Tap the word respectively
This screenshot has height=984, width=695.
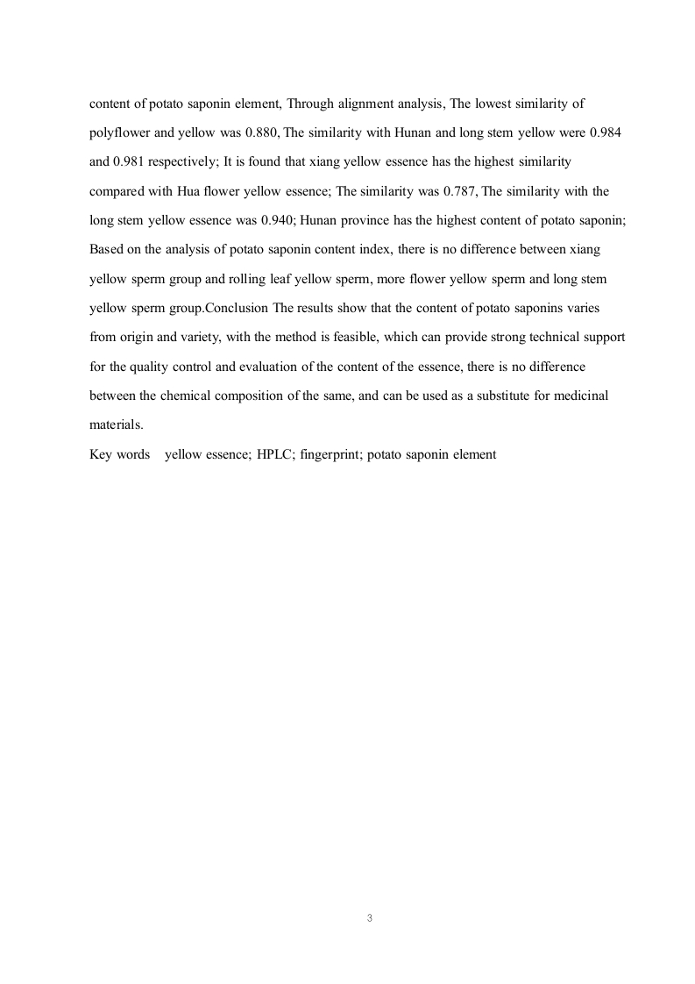point(178,162)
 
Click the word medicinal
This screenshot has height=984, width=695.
point(578,396)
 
